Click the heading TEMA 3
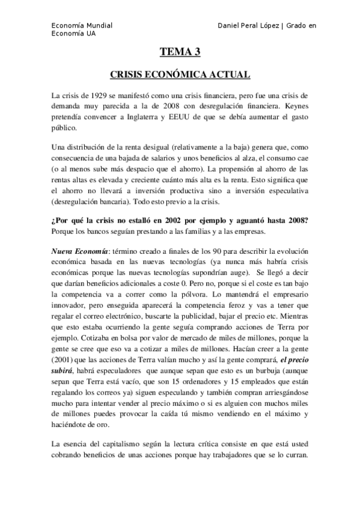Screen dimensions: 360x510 [180, 52]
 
